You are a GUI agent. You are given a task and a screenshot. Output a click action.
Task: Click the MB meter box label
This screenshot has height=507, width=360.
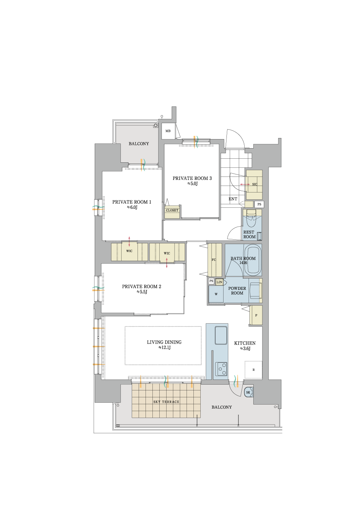[x=168, y=131]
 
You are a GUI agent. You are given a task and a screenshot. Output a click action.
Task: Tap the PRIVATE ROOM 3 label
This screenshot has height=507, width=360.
[x=192, y=178]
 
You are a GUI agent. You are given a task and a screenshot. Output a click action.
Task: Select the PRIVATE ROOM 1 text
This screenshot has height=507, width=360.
[x=132, y=202]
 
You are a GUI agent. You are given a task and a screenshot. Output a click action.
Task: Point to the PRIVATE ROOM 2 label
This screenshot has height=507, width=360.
[x=142, y=287]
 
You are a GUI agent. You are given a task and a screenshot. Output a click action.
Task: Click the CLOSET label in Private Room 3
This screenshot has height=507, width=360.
[x=172, y=210]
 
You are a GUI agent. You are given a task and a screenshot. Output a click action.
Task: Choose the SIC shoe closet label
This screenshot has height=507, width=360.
[x=255, y=184]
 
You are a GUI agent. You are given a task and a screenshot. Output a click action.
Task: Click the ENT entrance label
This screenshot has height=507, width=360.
[x=233, y=199]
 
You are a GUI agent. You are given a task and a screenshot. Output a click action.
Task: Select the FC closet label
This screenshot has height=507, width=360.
[x=214, y=260]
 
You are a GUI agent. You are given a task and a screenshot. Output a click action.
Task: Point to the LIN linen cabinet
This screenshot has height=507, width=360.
[x=219, y=282]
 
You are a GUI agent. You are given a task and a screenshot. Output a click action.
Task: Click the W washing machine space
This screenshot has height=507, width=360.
[x=216, y=294]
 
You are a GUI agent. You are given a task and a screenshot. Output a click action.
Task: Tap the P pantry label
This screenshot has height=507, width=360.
[x=256, y=315]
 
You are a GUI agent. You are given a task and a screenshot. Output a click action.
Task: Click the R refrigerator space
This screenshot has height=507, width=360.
[x=254, y=370]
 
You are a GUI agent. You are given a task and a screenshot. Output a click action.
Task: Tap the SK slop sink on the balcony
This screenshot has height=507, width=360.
[x=248, y=392]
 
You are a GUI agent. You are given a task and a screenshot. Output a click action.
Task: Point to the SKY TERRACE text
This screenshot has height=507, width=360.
[x=166, y=402]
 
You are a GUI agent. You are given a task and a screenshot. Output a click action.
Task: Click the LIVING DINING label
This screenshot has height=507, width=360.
[x=164, y=342]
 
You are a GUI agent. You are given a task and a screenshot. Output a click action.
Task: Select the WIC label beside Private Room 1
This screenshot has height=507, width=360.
[x=129, y=251]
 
